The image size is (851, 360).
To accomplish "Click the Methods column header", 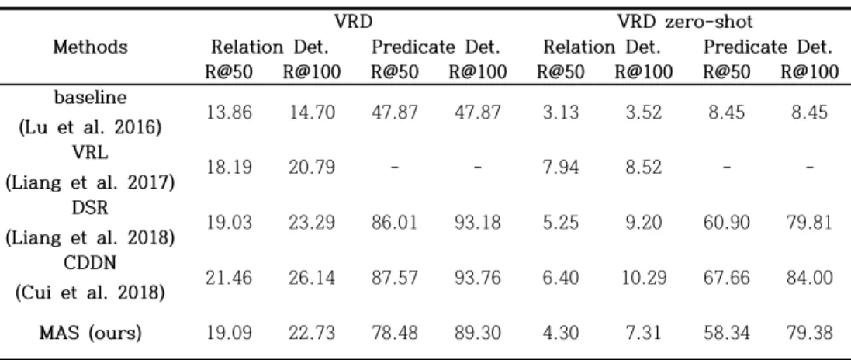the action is coord(90,47).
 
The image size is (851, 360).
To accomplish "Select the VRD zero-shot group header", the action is coord(685,22).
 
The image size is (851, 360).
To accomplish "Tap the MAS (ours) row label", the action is coord(90,332).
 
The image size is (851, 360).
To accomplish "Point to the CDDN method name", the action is coord(90,263).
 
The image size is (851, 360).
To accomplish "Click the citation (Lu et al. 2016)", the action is coord(90,129).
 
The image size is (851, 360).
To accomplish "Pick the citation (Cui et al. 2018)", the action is coord(90,292).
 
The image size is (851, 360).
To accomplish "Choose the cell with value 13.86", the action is coord(229,113).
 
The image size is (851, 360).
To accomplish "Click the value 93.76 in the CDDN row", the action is coord(477,278).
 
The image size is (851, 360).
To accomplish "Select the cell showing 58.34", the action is coord(727,333).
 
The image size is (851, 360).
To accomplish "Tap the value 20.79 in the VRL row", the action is coord(311,168).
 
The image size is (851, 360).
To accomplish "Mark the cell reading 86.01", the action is coord(395,223).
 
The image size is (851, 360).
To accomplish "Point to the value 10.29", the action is coord(644,278).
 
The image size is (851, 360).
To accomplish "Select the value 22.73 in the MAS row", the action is coord(311,333).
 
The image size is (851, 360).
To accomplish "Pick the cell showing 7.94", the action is coord(561,168).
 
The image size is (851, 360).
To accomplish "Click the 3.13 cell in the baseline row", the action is coord(561,113).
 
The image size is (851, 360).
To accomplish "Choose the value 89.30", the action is coord(477,333).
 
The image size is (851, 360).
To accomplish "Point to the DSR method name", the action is coord(90,208).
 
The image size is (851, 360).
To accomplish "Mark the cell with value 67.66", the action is coord(727,278).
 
